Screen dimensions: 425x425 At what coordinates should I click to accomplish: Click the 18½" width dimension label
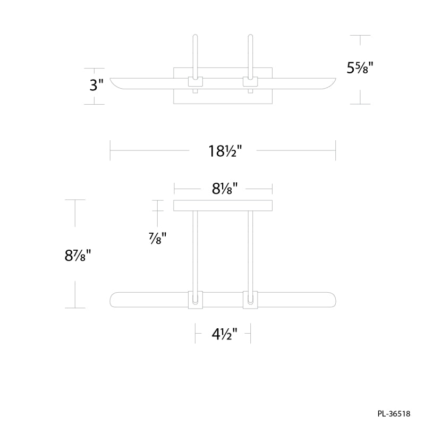point(225,151)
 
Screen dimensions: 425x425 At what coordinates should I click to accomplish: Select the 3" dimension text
point(97,85)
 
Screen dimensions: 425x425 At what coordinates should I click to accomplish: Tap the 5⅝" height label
point(360,67)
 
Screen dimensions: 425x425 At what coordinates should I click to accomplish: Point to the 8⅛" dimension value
point(225,189)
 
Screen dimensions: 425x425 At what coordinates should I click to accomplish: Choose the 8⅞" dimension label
point(78,256)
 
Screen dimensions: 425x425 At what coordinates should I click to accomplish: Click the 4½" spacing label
point(224,334)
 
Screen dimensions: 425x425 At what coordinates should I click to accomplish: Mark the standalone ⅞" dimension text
point(157,238)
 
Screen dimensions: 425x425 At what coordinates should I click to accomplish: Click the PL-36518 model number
point(394,414)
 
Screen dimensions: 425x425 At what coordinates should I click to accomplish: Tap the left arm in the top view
point(195,56)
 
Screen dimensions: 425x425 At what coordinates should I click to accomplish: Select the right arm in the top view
point(250,56)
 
